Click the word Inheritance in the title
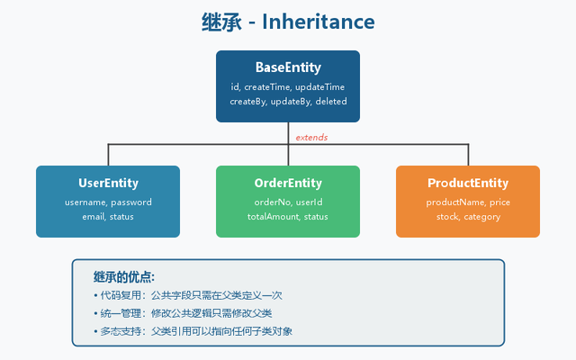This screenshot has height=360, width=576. click(x=318, y=22)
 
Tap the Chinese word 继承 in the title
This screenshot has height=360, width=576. click(x=221, y=22)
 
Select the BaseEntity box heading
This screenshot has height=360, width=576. click(x=288, y=67)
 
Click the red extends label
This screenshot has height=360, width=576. click(x=311, y=138)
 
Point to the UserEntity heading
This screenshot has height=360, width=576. click(x=108, y=183)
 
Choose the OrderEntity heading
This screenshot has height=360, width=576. click(x=288, y=183)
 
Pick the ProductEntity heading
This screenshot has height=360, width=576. click(x=468, y=183)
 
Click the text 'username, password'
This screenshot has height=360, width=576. click(x=108, y=202)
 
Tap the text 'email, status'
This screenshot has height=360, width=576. click(x=108, y=217)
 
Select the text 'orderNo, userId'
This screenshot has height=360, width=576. click(x=288, y=202)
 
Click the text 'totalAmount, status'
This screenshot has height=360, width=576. click(x=288, y=217)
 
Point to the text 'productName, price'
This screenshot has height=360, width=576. click(x=468, y=202)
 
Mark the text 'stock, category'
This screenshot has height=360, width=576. click(x=468, y=217)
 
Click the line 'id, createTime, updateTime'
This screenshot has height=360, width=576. click(x=288, y=87)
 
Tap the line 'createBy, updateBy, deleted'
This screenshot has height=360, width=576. click(x=288, y=102)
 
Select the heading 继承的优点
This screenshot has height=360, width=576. click(x=124, y=276)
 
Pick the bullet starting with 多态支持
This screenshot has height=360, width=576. click(x=193, y=331)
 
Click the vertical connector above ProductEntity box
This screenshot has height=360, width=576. click(x=468, y=155)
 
